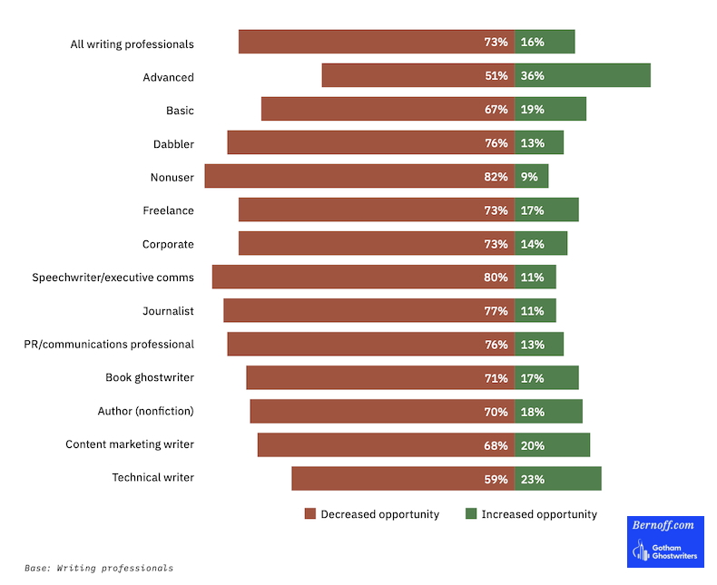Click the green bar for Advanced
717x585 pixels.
(583, 75)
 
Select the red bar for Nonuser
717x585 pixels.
(359, 176)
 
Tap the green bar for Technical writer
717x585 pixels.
(558, 478)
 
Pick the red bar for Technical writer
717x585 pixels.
(403, 478)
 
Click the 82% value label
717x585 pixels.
(496, 177)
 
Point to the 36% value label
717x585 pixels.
(532, 76)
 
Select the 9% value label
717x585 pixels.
(529, 177)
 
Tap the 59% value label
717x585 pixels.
(496, 479)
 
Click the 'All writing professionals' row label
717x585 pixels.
(132, 44)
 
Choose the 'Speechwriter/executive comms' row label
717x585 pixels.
(113, 278)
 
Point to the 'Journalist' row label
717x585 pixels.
(168, 311)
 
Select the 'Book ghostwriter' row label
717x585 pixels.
(150, 377)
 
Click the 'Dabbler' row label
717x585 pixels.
(173, 143)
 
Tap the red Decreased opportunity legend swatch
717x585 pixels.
(309, 514)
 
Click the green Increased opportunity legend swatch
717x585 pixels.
(470, 514)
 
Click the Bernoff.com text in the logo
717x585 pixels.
(664, 526)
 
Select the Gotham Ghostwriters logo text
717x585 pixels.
(677, 551)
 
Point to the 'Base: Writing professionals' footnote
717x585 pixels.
(99, 569)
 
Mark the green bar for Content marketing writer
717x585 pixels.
(553, 444)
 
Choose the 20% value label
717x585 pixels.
(532, 445)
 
